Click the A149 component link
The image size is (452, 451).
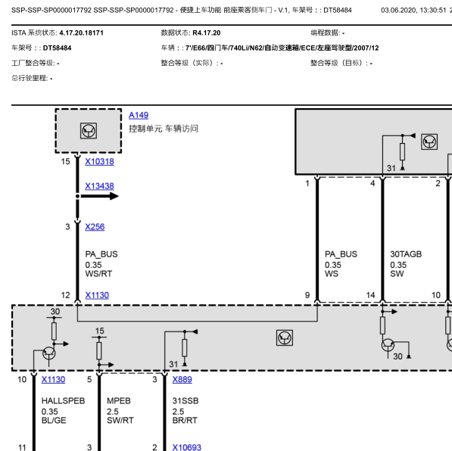pos(139,115)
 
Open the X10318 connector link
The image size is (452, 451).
pos(99,161)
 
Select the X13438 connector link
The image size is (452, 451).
pos(99,186)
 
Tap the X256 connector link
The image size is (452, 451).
pos(95,227)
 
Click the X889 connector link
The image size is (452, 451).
pos(182,379)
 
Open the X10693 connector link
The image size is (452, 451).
pos(187,447)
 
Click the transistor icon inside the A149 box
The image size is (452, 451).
pos(89,131)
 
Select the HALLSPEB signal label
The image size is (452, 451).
pos(63,401)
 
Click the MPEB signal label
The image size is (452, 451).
pos(119,401)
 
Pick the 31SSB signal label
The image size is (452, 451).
pos(185,401)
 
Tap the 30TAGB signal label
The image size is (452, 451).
pos(406,254)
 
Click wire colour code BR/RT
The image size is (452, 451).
pos(185,421)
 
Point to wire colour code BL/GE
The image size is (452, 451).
pos(54,421)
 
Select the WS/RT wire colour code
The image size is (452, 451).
pos(98,274)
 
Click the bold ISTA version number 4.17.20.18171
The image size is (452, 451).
pos(81,33)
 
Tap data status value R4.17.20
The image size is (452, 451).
pos(207,33)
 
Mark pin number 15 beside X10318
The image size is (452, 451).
pos(65,161)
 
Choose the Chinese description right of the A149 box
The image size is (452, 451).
pos(164,129)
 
